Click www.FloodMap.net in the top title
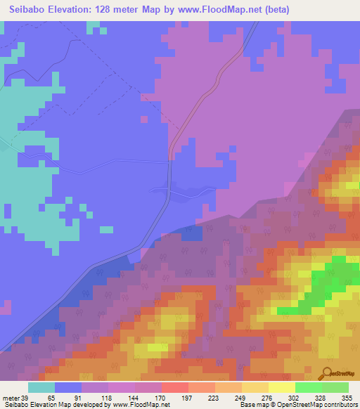point(212,11)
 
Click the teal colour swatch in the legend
point(41,387)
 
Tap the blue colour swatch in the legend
point(68,387)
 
